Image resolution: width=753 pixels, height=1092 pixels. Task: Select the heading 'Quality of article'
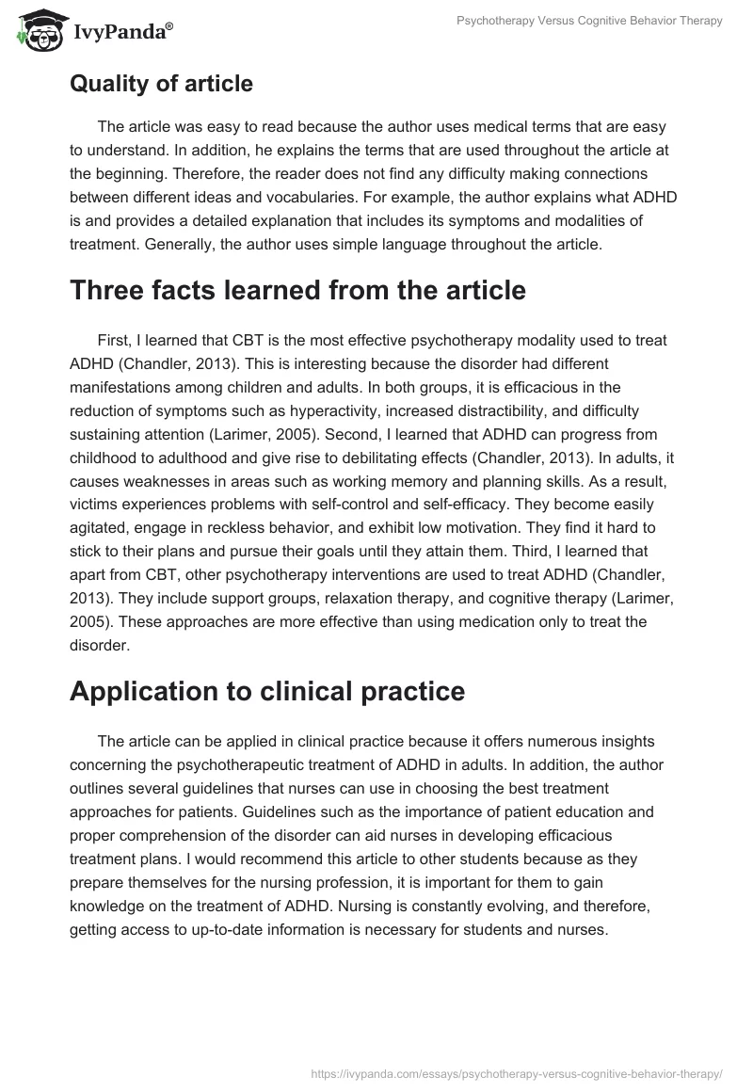(x=161, y=84)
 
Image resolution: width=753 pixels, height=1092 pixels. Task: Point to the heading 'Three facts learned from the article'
(x=297, y=291)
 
